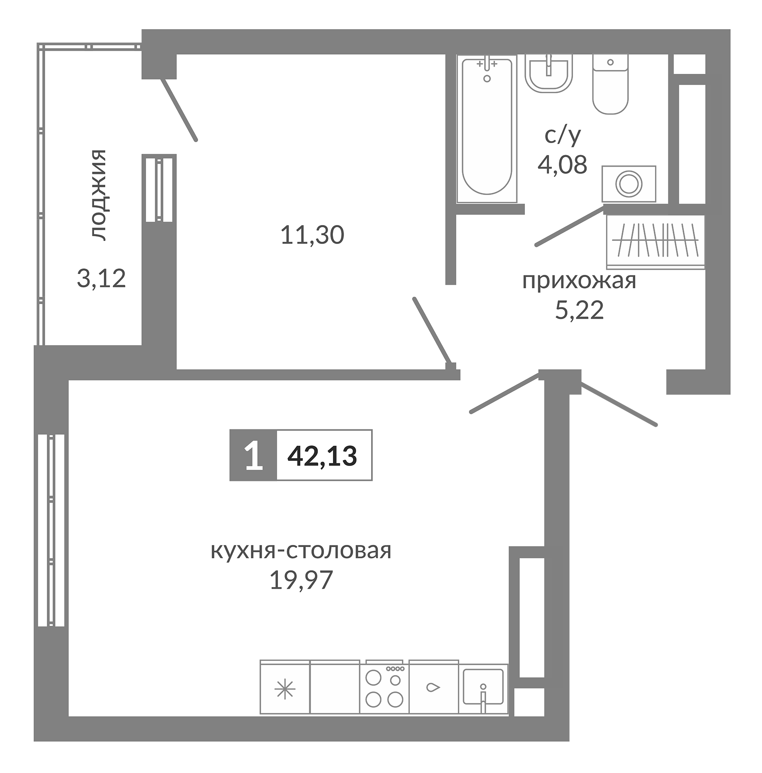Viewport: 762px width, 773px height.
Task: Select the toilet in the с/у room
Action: point(610,86)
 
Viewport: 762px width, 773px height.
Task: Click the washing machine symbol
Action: point(628,184)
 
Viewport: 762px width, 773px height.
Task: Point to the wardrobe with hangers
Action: point(655,242)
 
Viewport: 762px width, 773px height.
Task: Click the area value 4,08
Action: point(562,165)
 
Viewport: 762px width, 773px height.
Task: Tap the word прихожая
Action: point(579,281)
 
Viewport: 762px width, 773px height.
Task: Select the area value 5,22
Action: point(579,310)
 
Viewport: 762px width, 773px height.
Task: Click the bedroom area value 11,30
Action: point(312,235)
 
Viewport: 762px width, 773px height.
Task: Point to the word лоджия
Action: point(98,195)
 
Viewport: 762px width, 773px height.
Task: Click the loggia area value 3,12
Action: point(101,278)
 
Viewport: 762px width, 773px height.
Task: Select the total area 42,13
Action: point(322,456)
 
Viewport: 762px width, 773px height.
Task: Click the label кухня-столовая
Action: point(301,551)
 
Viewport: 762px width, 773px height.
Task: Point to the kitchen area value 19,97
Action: point(301,580)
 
